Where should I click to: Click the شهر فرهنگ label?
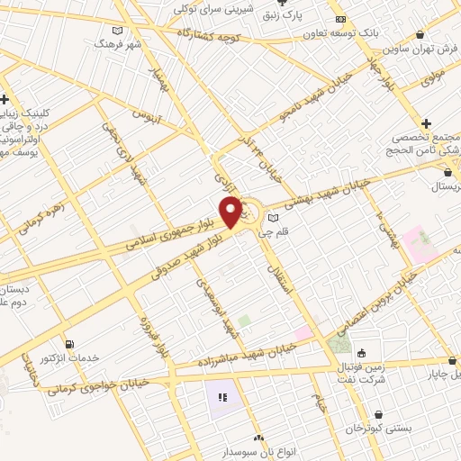pyautogui.click(x=122, y=42)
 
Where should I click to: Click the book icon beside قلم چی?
pyautogui.click(x=272, y=217)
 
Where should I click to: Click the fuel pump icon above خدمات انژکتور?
pyautogui.click(x=72, y=344)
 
